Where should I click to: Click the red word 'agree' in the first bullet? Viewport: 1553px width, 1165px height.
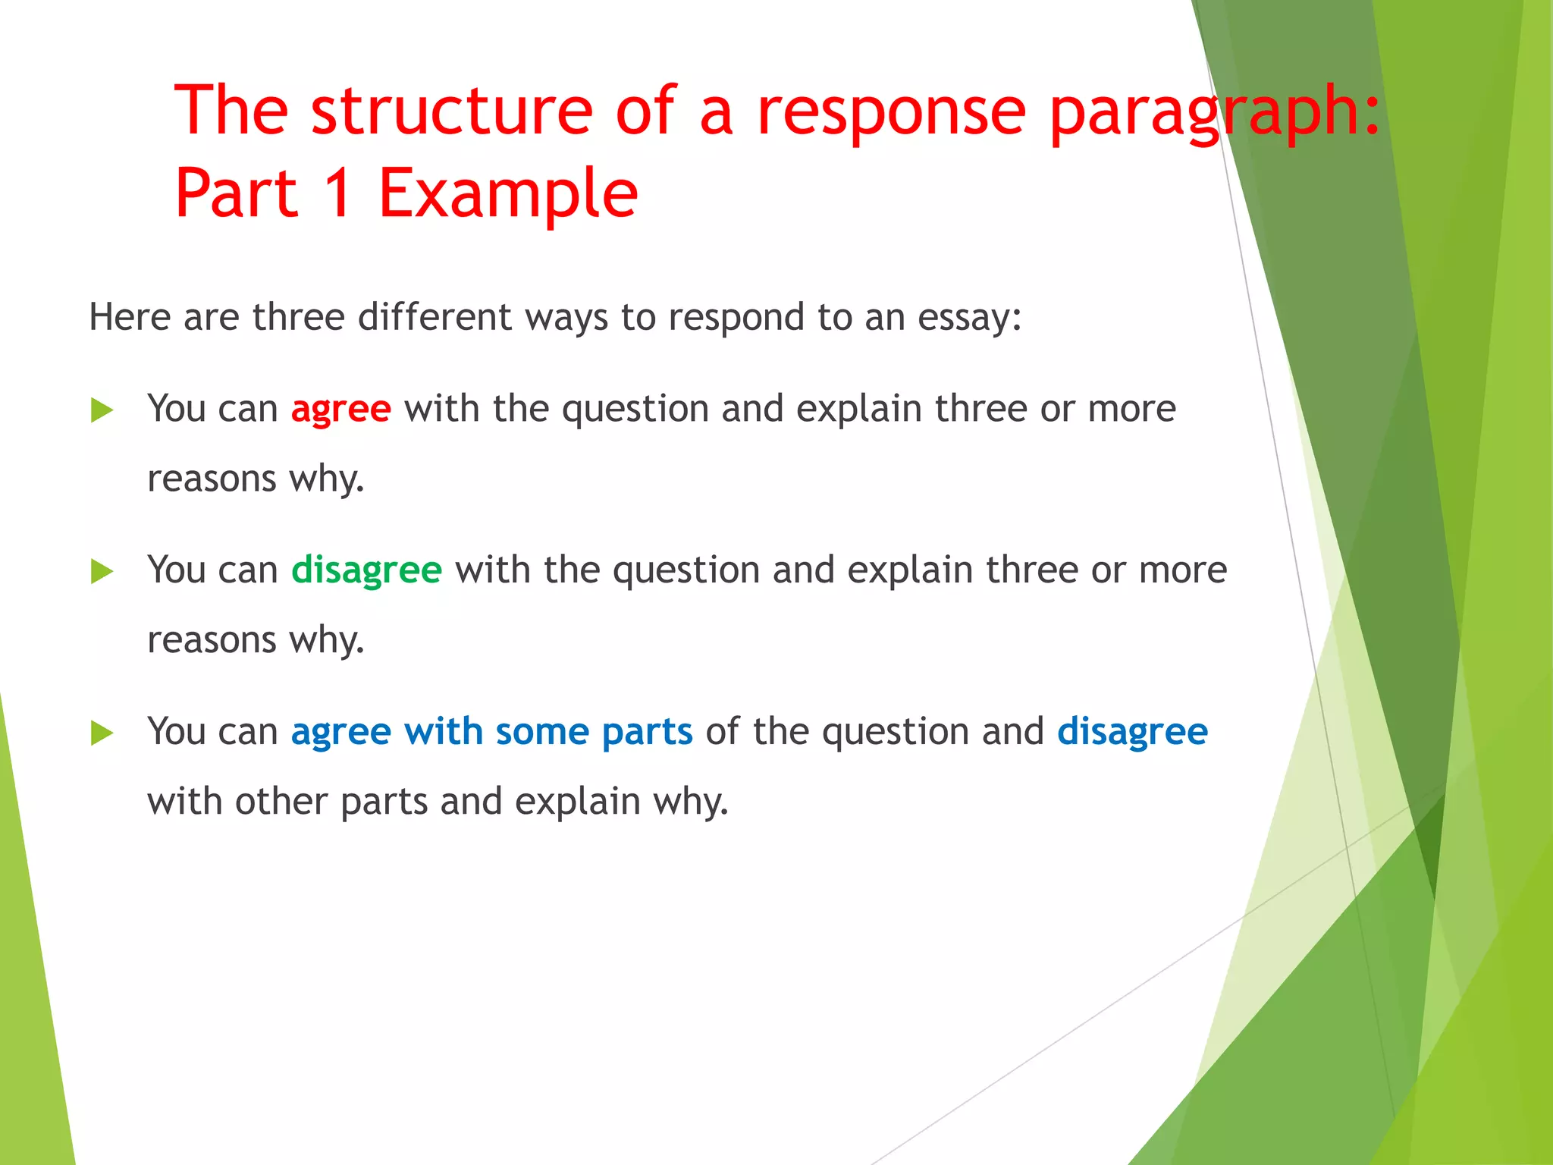[x=340, y=410]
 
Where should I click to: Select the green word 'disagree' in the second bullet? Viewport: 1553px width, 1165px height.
[x=366, y=570]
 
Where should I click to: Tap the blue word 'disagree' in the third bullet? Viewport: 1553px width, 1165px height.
[x=1132, y=733]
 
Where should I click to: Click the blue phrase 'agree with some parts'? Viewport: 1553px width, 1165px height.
[x=491, y=733]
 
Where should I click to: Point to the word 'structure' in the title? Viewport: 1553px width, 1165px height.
[x=451, y=111]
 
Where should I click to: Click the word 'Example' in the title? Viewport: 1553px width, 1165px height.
[x=507, y=194]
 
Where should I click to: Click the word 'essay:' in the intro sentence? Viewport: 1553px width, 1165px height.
[x=969, y=318]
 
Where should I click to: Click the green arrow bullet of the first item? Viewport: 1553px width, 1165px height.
[x=102, y=410]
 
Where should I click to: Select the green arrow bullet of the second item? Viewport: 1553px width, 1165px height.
[x=102, y=571]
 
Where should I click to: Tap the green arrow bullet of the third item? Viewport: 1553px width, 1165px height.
[x=102, y=733]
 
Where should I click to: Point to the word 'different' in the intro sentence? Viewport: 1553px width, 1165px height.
[x=435, y=317]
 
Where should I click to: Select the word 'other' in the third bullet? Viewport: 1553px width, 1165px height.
[x=281, y=802]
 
